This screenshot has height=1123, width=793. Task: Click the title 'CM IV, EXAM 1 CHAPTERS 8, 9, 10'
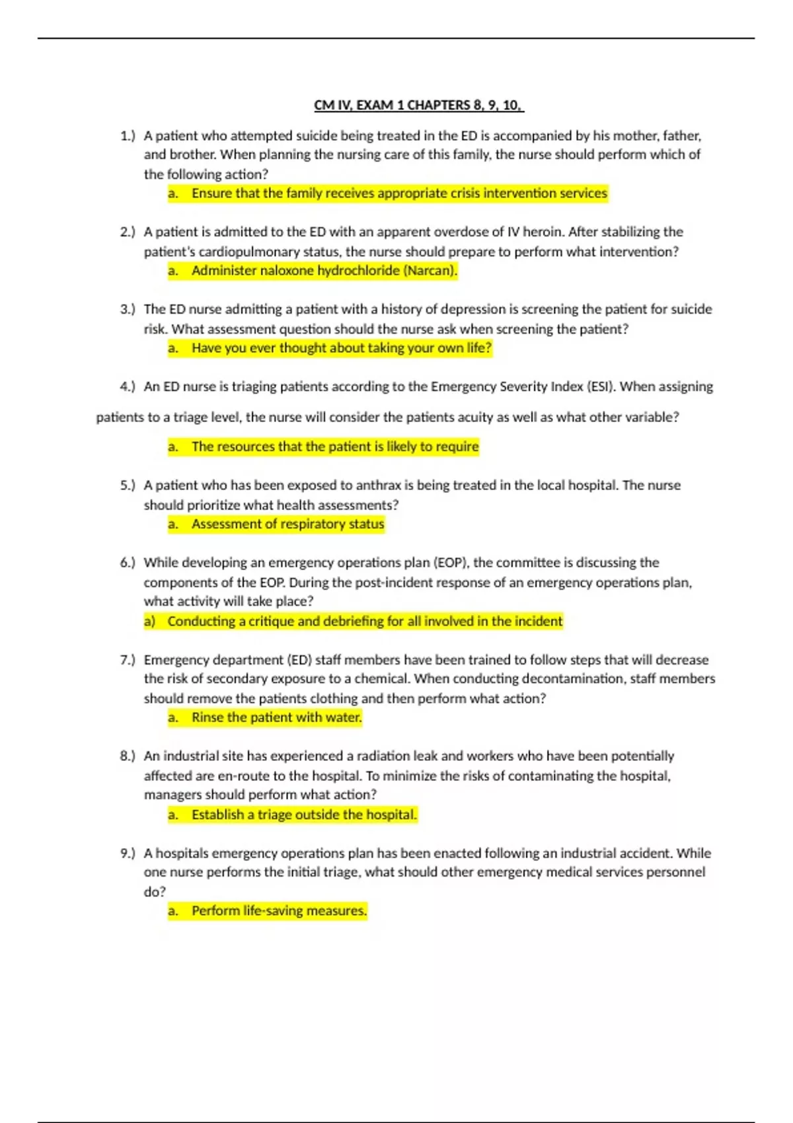coord(418,105)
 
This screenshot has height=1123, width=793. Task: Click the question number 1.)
coord(128,136)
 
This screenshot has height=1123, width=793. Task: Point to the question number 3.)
coord(128,309)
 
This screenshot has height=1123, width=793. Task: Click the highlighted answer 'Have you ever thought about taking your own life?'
coord(342,348)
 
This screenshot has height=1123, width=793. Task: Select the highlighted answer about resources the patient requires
coord(335,447)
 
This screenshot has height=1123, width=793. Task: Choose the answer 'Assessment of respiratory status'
coord(287,525)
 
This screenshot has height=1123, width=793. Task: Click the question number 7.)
coord(128,660)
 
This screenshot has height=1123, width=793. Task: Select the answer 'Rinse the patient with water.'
coord(276,717)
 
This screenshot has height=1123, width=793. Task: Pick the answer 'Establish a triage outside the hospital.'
coord(304,815)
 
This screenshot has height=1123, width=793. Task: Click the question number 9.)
coord(128,853)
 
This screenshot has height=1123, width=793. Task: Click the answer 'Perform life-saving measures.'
coord(278,911)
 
